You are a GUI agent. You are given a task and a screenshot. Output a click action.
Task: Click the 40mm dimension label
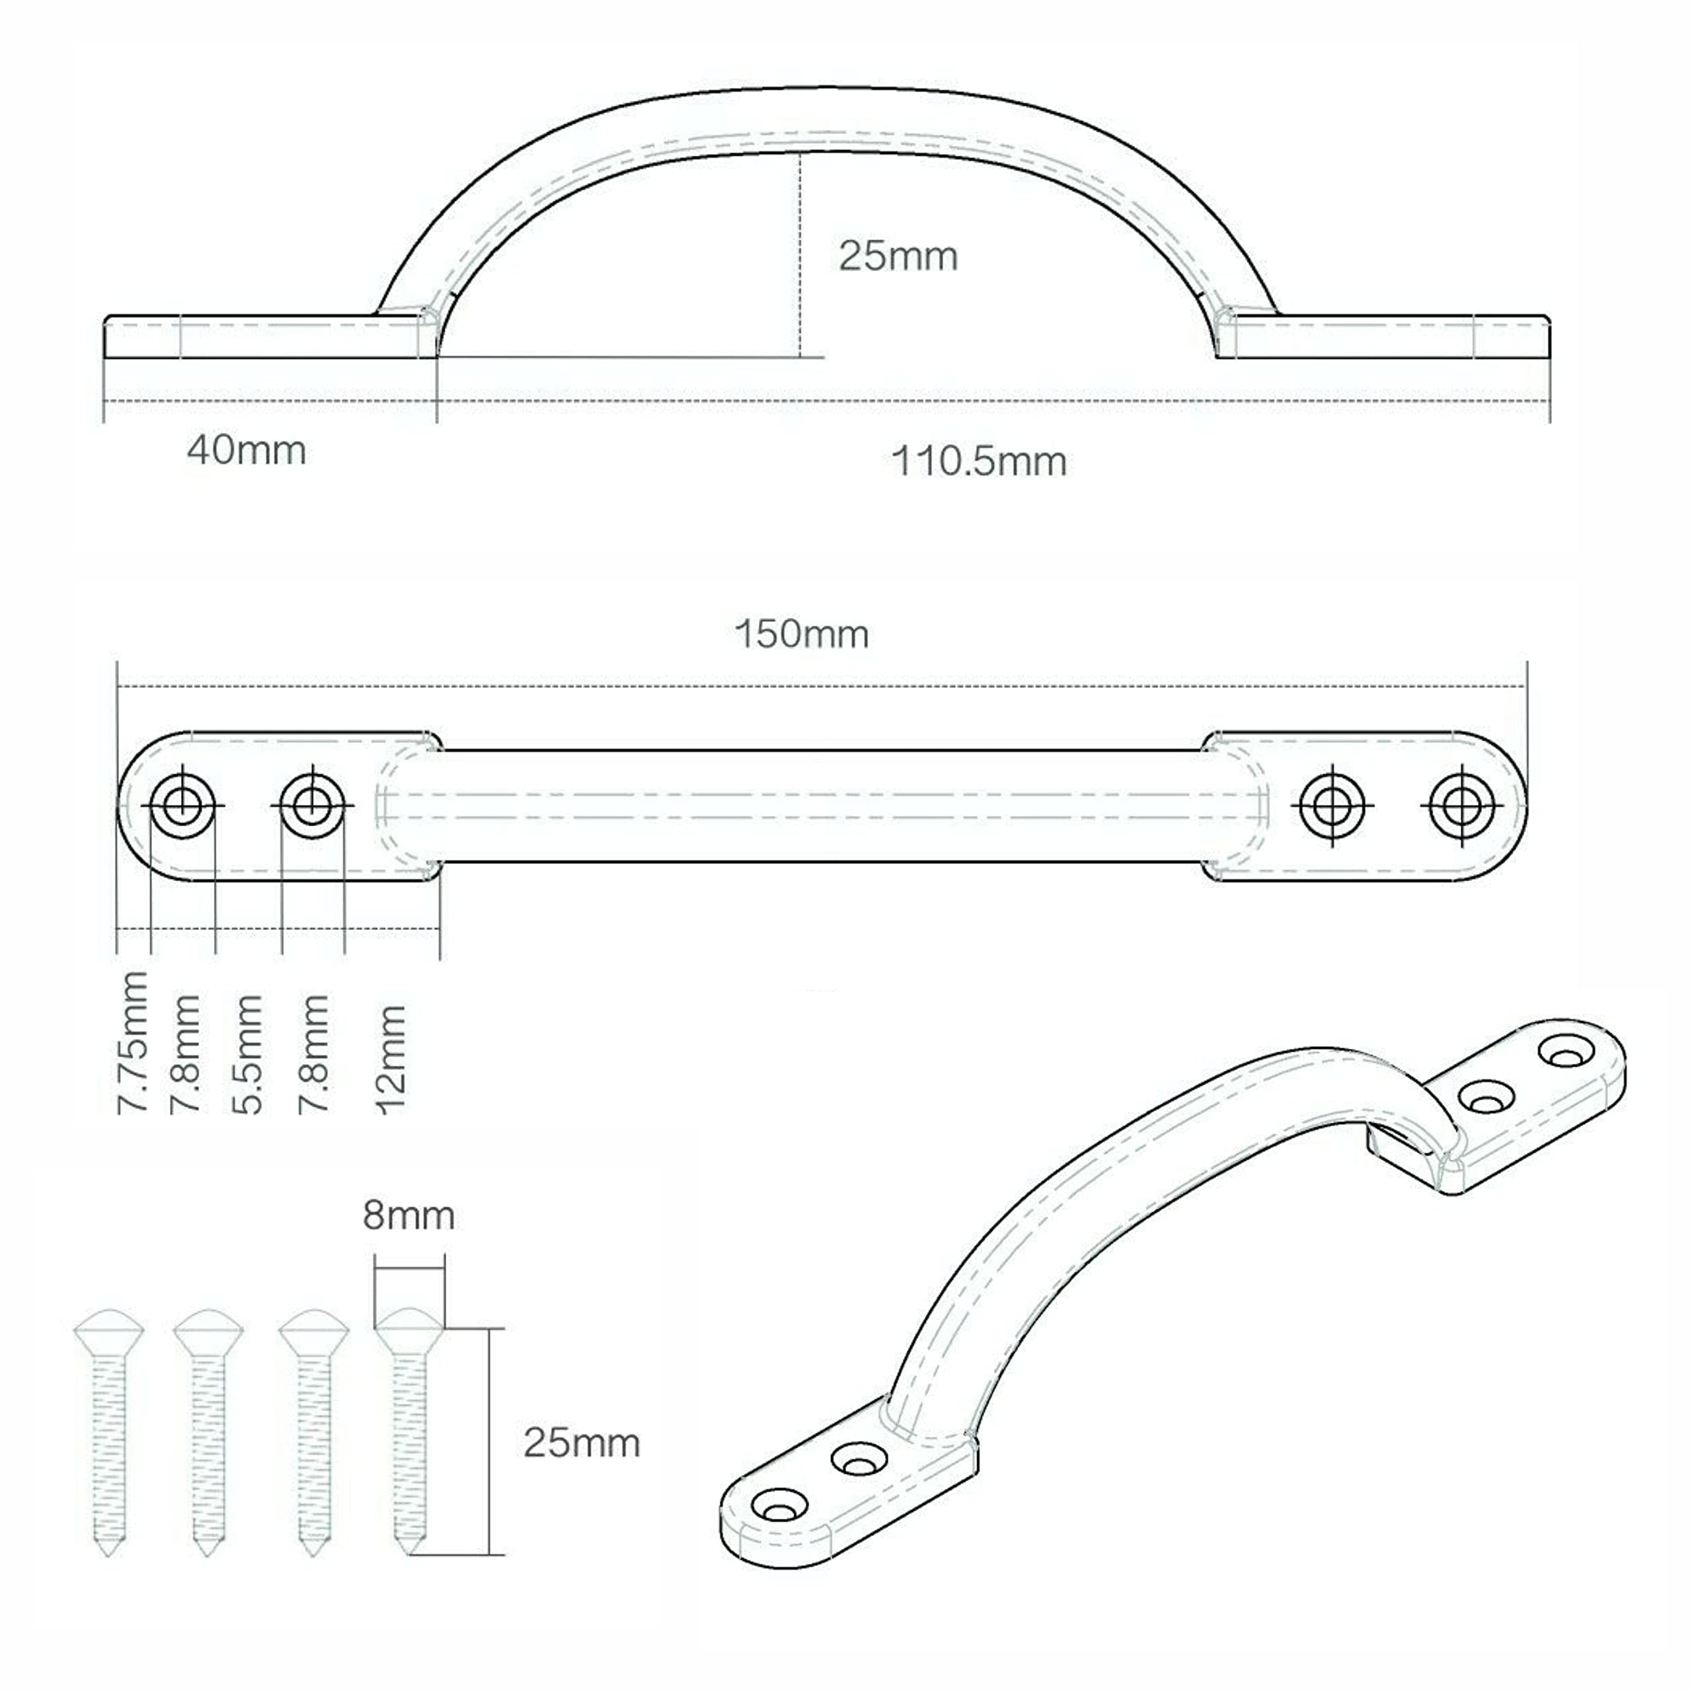point(246,451)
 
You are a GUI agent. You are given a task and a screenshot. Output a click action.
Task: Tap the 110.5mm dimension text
point(978,461)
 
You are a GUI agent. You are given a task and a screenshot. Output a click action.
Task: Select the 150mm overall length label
point(801,634)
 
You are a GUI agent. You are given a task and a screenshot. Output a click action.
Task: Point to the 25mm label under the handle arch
point(898,256)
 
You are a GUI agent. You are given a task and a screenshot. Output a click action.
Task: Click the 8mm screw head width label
point(408,1215)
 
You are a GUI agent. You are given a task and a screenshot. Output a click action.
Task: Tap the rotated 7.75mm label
point(133,1042)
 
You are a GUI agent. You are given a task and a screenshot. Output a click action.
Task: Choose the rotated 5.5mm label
point(248,1054)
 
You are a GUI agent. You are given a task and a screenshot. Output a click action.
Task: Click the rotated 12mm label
point(391,1059)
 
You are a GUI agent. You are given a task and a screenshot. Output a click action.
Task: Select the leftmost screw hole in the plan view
point(182,805)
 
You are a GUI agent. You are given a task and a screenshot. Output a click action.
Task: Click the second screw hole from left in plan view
point(313,805)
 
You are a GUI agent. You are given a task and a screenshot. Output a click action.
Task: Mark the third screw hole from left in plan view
point(1332,806)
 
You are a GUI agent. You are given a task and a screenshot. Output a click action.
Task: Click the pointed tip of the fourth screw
point(409,1549)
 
